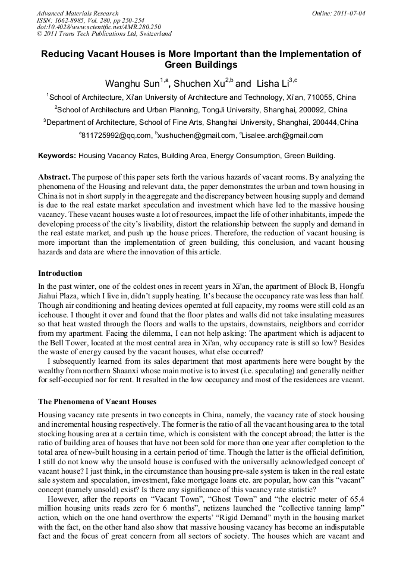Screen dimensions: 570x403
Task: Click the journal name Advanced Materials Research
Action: point(77,13)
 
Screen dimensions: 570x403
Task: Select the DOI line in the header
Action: point(99,27)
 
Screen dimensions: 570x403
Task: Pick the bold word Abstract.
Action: point(55,177)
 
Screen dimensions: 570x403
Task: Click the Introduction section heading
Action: point(60,273)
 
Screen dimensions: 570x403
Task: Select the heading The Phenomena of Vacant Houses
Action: point(97,402)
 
